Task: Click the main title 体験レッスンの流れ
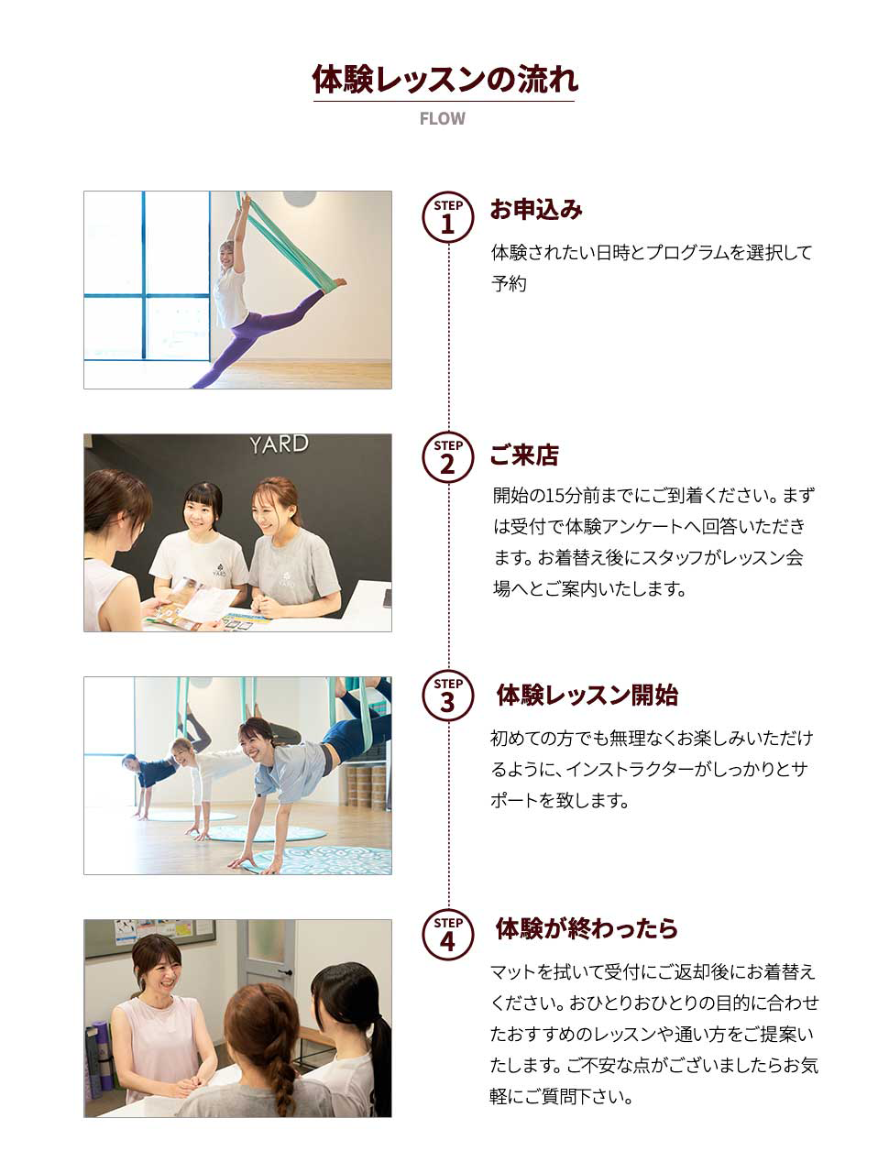coord(444,80)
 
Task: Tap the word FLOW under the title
coord(443,119)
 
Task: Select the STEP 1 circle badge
coord(447,217)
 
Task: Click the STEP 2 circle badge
coord(447,458)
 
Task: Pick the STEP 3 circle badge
coord(447,696)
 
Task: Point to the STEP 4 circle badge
coord(447,934)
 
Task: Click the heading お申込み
coord(536,210)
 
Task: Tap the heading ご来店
coord(524,455)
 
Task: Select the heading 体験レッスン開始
coord(587,696)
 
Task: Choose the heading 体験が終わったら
coord(587,928)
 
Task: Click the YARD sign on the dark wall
coord(279,445)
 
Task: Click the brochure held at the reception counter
coord(192,605)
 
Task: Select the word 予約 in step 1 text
coord(509,284)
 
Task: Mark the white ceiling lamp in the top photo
coord(299,198)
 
